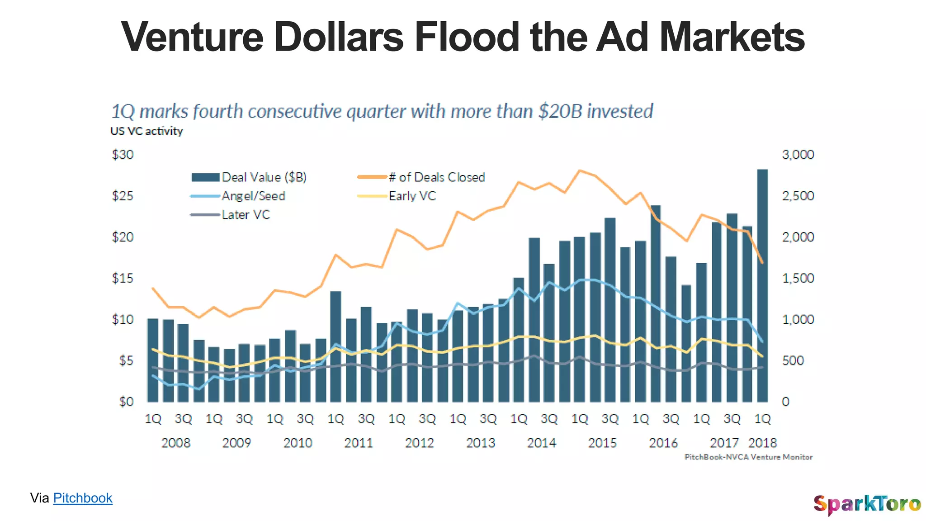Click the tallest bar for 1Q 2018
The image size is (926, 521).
point(762,285)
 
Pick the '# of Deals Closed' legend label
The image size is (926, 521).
point(436,177)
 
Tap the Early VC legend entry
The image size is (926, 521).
point(412,196)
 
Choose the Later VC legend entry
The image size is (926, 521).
point(246,215)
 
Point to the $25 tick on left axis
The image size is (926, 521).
point(123,196)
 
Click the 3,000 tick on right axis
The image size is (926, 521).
point(798,155)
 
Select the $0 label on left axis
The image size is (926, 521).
point(126,402)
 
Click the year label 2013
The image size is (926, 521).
point(481,443)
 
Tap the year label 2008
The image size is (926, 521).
point(176,443)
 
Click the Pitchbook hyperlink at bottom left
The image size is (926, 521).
point(83,498)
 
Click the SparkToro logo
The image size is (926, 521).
point(867,504)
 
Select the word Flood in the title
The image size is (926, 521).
point(467,37)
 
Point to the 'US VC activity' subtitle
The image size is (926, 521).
point(146,131)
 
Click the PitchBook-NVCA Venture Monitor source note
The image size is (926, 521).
point(748,457)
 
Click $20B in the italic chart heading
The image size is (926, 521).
point(560,111)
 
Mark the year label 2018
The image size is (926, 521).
point(762,443)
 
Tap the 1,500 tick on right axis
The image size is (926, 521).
point(798,278)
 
